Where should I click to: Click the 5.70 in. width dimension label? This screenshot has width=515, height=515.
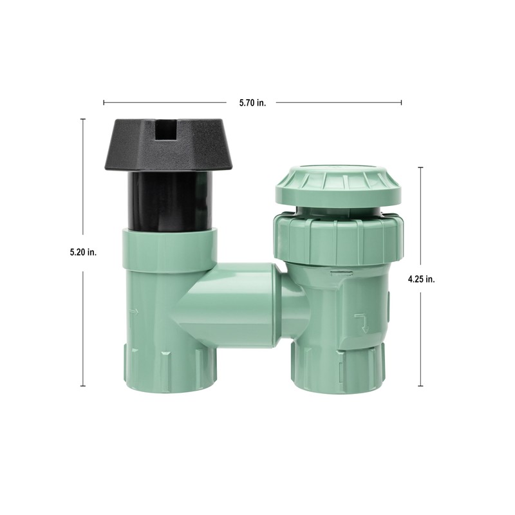[252, 102]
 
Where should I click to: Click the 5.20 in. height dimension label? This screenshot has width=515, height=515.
[83, 252]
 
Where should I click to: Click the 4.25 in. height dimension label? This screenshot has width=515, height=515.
[422, 279]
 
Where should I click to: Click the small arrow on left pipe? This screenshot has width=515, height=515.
[133, 314]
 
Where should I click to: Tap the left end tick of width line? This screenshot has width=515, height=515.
[104, 102]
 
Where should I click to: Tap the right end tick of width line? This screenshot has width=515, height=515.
[402, 102]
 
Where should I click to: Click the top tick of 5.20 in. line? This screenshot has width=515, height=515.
[83, 119]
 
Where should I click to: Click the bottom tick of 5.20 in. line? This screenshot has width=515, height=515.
[83, 386]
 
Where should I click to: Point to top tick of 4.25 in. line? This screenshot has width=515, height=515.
[421, 167]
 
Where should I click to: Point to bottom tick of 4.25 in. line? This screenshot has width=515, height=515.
[421, 386]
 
